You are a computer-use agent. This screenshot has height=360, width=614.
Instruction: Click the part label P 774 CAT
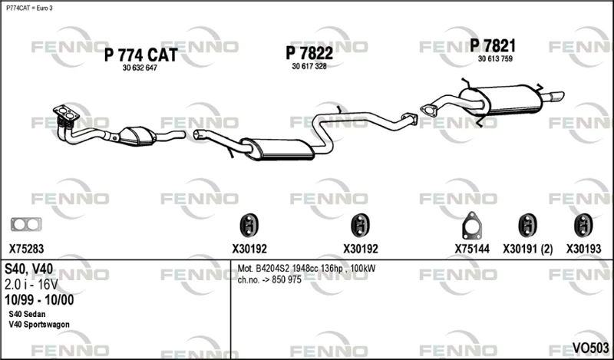141,54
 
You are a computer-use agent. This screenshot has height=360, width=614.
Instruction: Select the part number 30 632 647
140,68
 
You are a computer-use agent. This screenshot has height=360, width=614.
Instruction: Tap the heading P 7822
309,53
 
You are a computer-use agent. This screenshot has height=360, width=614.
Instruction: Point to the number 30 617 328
309,67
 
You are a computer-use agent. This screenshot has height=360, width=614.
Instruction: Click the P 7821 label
493,46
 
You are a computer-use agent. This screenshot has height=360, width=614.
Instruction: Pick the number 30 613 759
495,59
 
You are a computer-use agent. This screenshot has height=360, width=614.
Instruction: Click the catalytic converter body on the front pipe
137,136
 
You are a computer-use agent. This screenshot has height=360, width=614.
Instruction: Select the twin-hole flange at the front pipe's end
66,113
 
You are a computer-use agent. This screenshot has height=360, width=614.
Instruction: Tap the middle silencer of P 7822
277,149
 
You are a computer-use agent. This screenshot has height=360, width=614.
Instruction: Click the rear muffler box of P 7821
501,101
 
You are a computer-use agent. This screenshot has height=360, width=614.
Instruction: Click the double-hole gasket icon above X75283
26,224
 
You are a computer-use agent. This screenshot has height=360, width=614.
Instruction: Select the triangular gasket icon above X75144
472,226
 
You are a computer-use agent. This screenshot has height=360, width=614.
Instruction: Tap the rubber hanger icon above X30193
583,225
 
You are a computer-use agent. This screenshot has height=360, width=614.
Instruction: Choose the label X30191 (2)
528,249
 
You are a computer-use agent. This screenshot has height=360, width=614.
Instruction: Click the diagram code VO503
590,348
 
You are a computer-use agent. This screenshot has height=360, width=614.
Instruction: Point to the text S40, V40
28,269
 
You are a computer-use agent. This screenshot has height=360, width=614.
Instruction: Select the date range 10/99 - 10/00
39,300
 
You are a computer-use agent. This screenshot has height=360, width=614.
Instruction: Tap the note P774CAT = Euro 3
29,8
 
